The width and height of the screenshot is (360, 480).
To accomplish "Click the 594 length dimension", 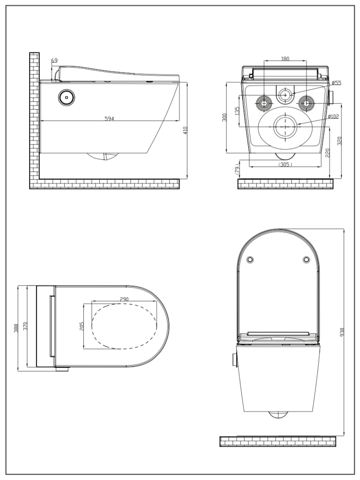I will click(x=109, y=118).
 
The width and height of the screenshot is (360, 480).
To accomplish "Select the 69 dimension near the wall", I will click(x=55, y=60).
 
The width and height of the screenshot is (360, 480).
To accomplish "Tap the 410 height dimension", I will click(x=185, y=131).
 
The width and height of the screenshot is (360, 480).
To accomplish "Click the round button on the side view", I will click(x=67, y=97).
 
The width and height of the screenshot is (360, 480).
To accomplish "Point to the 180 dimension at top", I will click(x=285, y=59).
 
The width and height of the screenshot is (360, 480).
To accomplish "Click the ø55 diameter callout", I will click(x=336, y=83).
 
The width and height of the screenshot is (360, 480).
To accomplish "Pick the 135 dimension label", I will click(x=237, y=111).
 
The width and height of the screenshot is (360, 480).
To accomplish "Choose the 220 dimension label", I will click(x=328, y=153).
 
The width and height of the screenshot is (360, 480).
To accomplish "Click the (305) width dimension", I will click(x=285, y=164).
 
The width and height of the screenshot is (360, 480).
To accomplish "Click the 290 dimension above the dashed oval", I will click(x=124, y=299).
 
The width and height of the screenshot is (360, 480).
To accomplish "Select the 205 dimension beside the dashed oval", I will click(x=82, y=327).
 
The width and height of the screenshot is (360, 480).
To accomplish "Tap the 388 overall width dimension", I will click(x=16, y=327).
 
